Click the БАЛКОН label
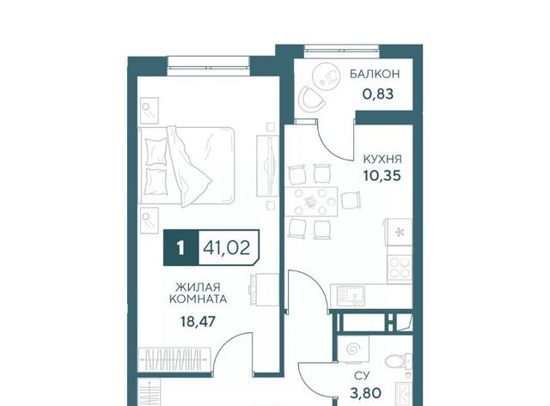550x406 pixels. tap(375, 74)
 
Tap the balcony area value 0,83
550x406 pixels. tap(378, 94)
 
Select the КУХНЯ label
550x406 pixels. tap(382, 160)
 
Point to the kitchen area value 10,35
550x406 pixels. tap(382, 175)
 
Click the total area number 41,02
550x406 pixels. tap(227, 248)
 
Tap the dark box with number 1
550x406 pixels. tap(181, 248)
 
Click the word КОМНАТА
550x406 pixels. tap(199, 300)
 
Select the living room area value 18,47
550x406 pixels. tap(198, 321)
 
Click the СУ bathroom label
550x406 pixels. tap(361, 376)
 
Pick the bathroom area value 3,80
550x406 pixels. tap(366, 393)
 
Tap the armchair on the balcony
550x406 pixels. tap(311, 99)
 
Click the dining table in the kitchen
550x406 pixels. tap(311, 202)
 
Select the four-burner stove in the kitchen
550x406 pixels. tap(400, 267)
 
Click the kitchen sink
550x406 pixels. tap(351, 296)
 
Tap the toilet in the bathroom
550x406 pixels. tap(398, 361)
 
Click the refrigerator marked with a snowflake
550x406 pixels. tap(399, 233)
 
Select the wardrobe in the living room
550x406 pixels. tap(174, 360)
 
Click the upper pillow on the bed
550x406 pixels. tap(156, 151)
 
